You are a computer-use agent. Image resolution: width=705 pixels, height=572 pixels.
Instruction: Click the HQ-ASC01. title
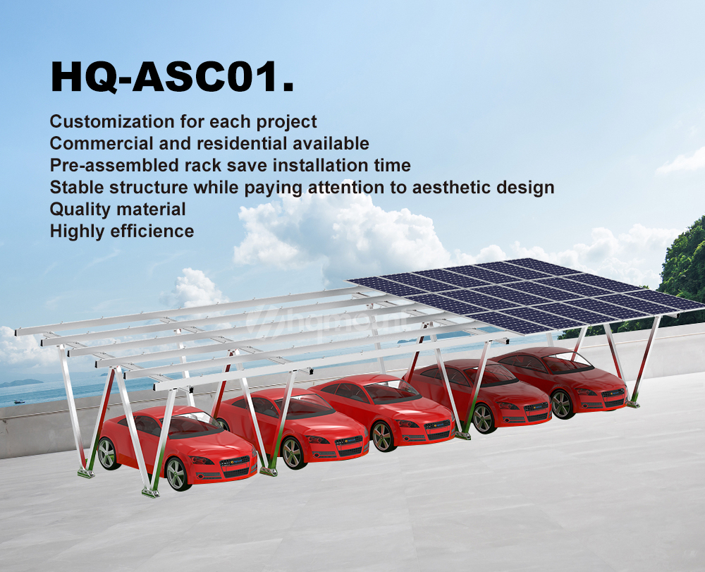[172, 77]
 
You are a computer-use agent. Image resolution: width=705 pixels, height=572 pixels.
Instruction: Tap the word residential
[242, 143]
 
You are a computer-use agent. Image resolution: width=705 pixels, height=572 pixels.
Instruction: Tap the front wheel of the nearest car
[176, 473]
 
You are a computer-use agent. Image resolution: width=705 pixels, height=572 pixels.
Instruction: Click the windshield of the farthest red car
[568, 362]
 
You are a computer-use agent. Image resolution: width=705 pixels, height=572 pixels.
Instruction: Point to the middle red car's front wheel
[382, 436]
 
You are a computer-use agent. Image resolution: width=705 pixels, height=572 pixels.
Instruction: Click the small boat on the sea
[19, 401]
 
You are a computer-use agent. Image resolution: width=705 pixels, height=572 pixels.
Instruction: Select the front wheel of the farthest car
[560, 404]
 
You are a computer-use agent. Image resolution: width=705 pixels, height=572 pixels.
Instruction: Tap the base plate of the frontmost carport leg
[151, 492]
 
